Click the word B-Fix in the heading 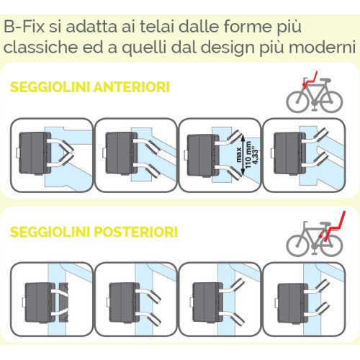point(22,27)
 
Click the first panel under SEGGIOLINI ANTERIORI point(51,152)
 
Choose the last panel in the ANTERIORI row point(302,152)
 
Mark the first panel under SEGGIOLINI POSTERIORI point(51,296)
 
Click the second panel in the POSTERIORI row point(135,296)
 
